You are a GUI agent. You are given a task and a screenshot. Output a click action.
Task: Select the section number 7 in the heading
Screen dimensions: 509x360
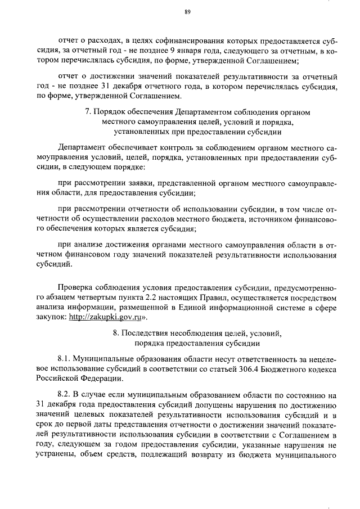coord(88,112)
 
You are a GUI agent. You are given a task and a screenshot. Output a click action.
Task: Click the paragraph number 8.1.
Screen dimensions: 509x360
coord(66,358)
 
